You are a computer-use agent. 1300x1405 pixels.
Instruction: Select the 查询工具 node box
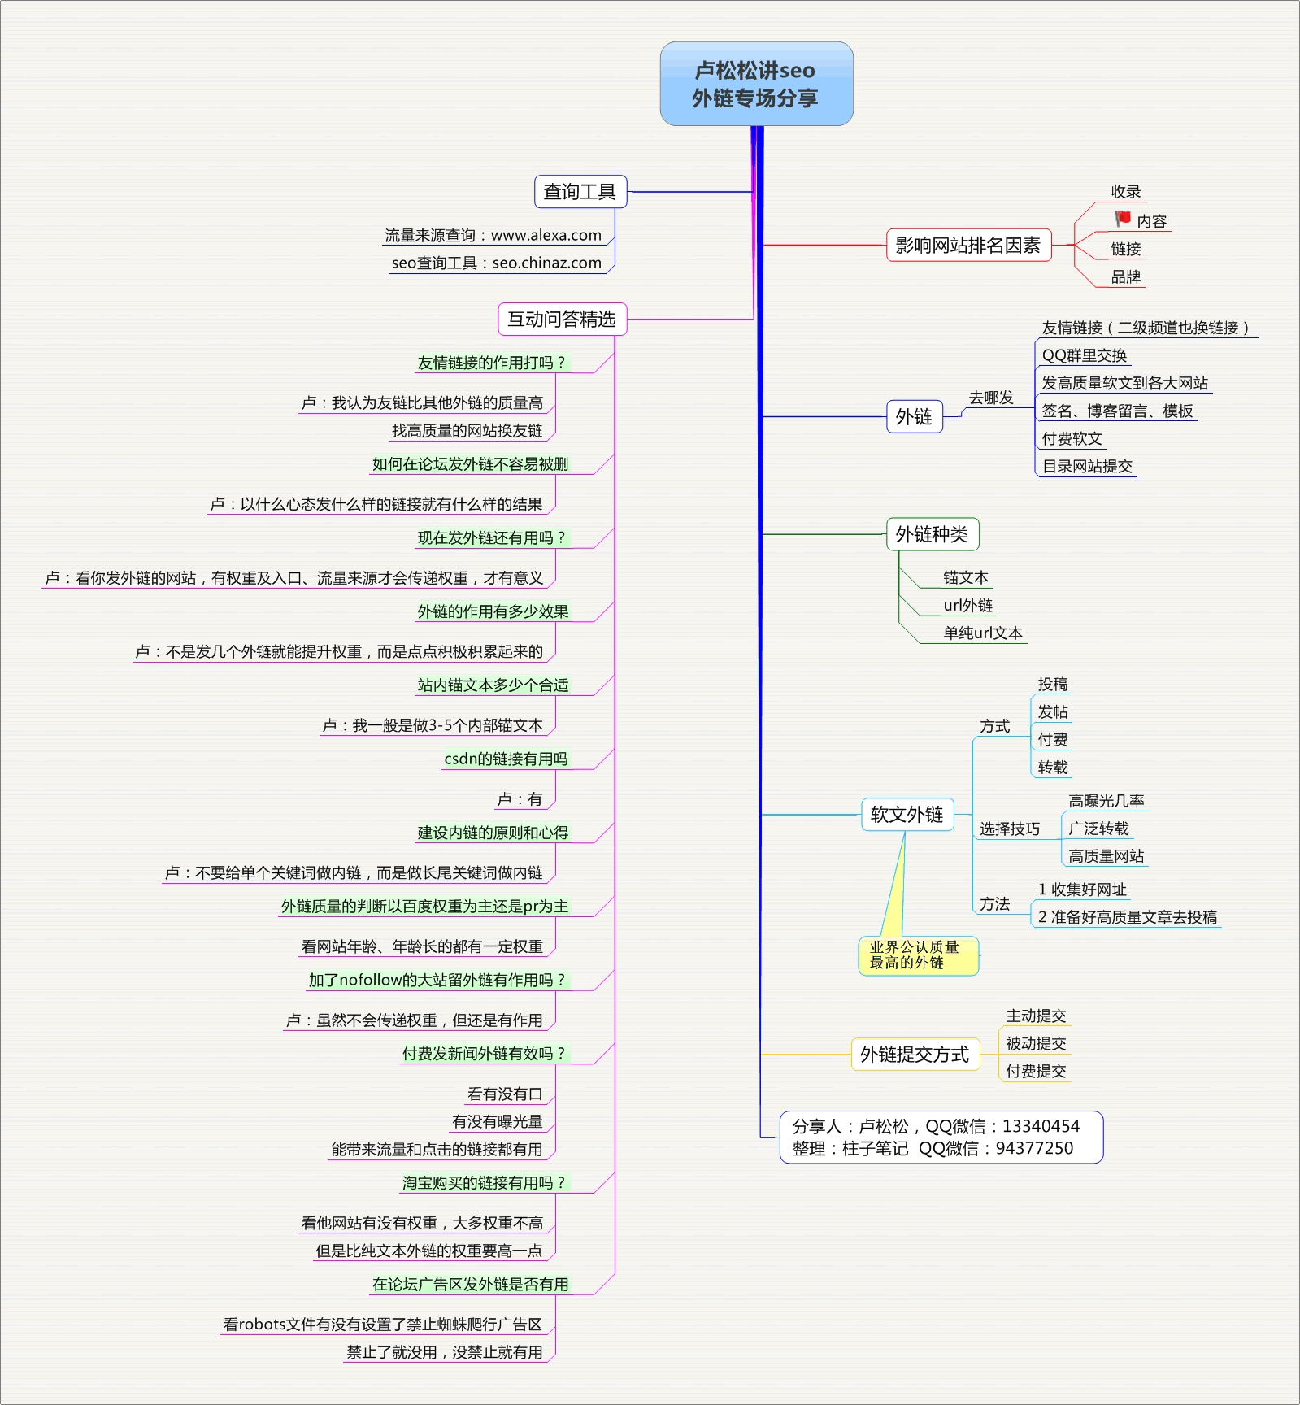click(580, 192)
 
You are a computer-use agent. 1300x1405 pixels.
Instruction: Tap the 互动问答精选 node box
click(562, 319)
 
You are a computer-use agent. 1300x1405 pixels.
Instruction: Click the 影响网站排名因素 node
click(967, 245)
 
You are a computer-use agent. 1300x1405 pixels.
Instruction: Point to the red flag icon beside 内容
click(1123, 218)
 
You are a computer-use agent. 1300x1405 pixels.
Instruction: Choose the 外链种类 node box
click(932, 534)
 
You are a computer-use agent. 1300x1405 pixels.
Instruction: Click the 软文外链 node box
click(907, 814)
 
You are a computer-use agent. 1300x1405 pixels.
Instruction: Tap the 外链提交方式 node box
click(915, 1055)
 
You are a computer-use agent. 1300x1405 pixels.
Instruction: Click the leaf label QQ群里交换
click(1084, 355)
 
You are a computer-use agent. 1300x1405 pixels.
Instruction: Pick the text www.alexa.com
click(546, 235)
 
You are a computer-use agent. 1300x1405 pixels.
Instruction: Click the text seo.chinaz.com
click(547, 263)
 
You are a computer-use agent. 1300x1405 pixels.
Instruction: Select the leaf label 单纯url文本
click(982, 633)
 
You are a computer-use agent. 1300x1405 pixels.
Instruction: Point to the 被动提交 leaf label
click(1036, 1043)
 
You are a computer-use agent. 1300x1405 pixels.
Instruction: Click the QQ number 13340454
click(1041, 1126)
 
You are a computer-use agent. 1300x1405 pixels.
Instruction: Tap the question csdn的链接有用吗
click(506, 759)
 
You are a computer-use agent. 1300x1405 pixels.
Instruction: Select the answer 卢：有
click(520, 799)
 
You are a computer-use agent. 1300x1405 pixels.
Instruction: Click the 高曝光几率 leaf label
click(1106, 801)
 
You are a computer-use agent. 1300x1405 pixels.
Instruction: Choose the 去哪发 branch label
click(990, 398)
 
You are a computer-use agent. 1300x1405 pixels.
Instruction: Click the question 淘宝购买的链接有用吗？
click(484, 1183)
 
